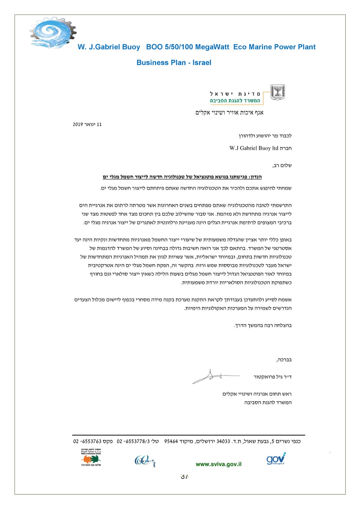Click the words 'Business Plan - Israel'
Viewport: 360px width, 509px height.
[174, 63]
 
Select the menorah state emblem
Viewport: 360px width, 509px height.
[278, 92]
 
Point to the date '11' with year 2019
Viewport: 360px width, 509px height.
[99, 124]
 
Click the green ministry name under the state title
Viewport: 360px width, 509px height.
[235, 101]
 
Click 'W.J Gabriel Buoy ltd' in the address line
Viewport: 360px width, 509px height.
[254, 148]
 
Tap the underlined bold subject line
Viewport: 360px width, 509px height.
[182, 177]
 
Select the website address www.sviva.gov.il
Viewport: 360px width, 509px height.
[219, 464]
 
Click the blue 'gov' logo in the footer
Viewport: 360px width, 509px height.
[276, 459]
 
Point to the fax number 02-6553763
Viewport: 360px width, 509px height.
[88, 441]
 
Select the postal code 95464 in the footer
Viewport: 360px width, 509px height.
[171, 441]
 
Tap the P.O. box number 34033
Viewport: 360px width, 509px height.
[223, 441]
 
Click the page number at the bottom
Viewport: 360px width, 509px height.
[185, 476]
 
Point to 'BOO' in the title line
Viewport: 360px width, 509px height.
[154, 47]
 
